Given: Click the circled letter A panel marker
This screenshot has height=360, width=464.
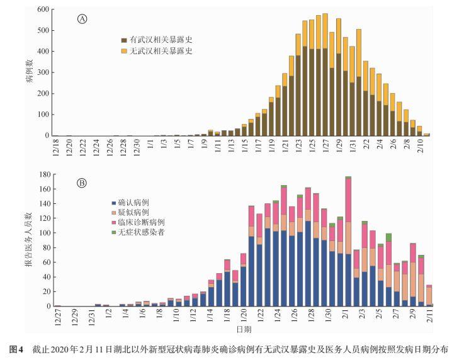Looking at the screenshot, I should point(82,19).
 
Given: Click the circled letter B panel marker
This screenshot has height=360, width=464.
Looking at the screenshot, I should point(82,183).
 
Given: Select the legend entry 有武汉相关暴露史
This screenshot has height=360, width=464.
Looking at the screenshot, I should point(157,39).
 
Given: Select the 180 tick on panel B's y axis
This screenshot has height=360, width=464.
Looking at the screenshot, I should point(43,174).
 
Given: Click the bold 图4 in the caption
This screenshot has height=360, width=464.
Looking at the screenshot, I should point(16,348).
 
